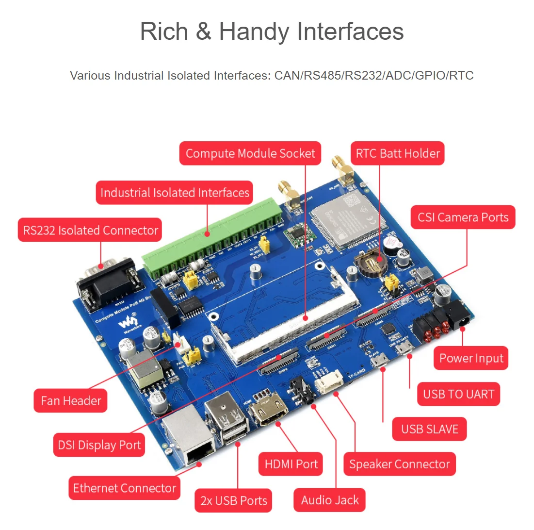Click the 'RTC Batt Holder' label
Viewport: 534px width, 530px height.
(398, 153)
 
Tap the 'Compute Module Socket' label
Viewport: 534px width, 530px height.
(250, 153)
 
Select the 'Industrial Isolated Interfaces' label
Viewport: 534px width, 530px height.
(175, 193)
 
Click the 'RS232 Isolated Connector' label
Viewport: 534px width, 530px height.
(90, 230)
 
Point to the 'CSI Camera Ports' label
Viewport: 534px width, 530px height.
(463, 217)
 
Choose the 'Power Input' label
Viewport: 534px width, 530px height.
(471, 358)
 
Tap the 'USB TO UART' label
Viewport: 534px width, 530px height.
(458, 394)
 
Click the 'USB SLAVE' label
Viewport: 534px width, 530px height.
(429, 429)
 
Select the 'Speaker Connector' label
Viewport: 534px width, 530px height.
(399, 464)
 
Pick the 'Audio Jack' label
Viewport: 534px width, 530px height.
(330, 500)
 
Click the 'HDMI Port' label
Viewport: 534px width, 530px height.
(291, 464)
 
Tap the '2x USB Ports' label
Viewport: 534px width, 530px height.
(234, 500)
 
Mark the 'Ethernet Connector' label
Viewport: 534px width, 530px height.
(124, 488)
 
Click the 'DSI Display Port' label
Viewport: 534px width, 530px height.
(99, 445)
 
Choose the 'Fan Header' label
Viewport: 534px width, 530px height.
(71, 400)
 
